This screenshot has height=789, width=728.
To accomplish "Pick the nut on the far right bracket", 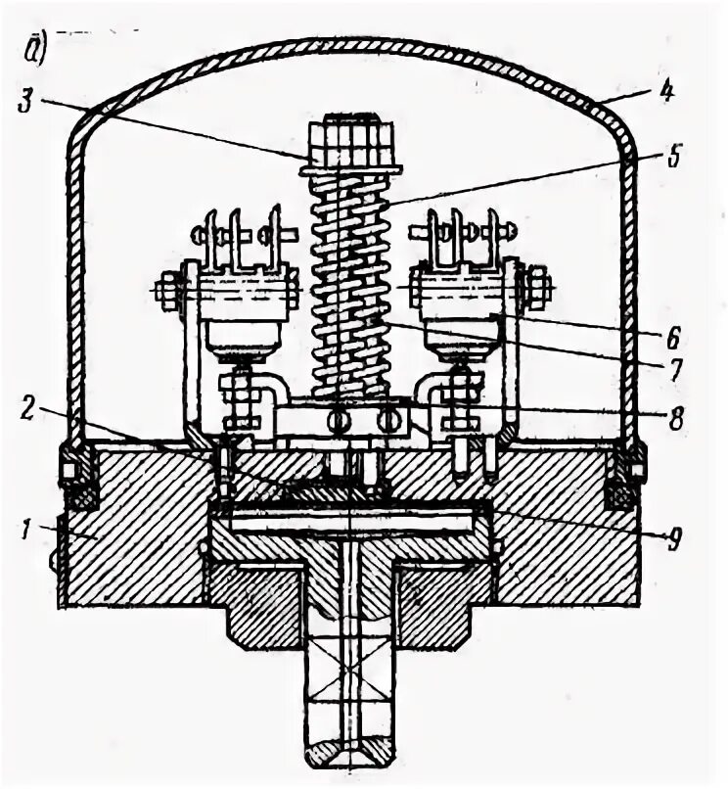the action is [x=537, y=290].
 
